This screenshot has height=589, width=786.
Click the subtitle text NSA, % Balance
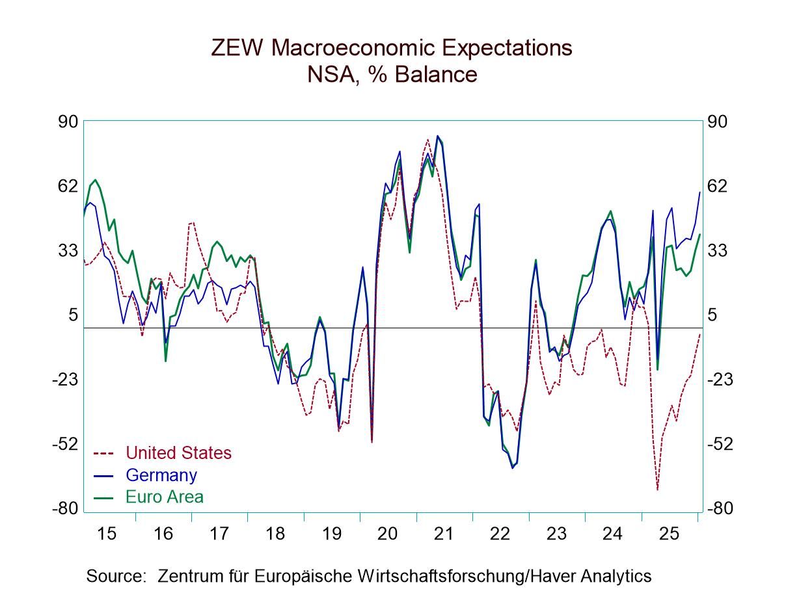392,75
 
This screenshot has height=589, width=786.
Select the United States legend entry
178,452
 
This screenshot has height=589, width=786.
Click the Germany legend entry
161,475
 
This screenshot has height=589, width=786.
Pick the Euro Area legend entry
164,497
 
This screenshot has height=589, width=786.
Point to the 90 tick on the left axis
68,122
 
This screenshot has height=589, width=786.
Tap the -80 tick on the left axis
65,508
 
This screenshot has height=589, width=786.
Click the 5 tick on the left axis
73,315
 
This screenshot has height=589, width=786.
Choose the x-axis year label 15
107,534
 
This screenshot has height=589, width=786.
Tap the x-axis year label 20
387,534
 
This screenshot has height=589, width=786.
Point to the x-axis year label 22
500,534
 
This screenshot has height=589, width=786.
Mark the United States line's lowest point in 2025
658,490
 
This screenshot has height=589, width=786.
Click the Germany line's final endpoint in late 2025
699,192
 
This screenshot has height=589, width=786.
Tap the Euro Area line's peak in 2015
95,180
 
